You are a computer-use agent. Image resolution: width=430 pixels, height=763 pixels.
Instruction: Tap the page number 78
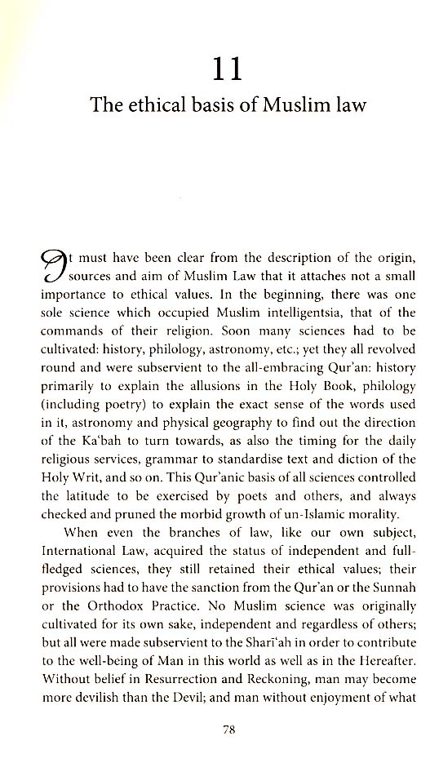pos(228,731)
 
